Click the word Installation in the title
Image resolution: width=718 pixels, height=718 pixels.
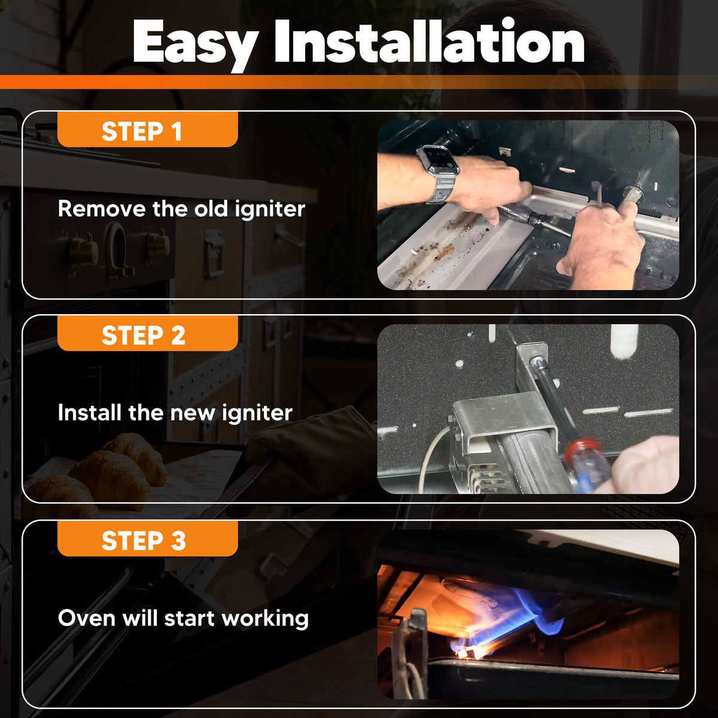[x=429, y=41]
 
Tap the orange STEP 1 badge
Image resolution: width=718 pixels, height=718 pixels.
[x=148, y=129]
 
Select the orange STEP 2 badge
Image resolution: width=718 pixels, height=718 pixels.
[x=148, y=333]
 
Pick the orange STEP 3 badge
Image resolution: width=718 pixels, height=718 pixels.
[x=148, y=538]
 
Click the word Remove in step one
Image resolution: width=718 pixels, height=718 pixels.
[x=101, y=208]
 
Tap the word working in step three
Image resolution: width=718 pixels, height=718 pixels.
[x=265, y=619]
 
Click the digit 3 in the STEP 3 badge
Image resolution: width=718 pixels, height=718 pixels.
[x=178, y=541]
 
